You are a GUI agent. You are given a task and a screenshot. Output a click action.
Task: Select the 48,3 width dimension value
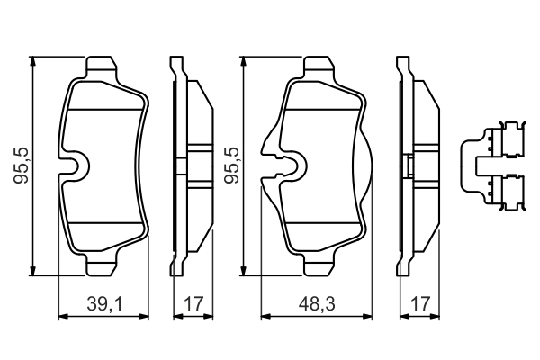click(316, 305)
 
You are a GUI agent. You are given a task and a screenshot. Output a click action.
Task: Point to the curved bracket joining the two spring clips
click(467, 166)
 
